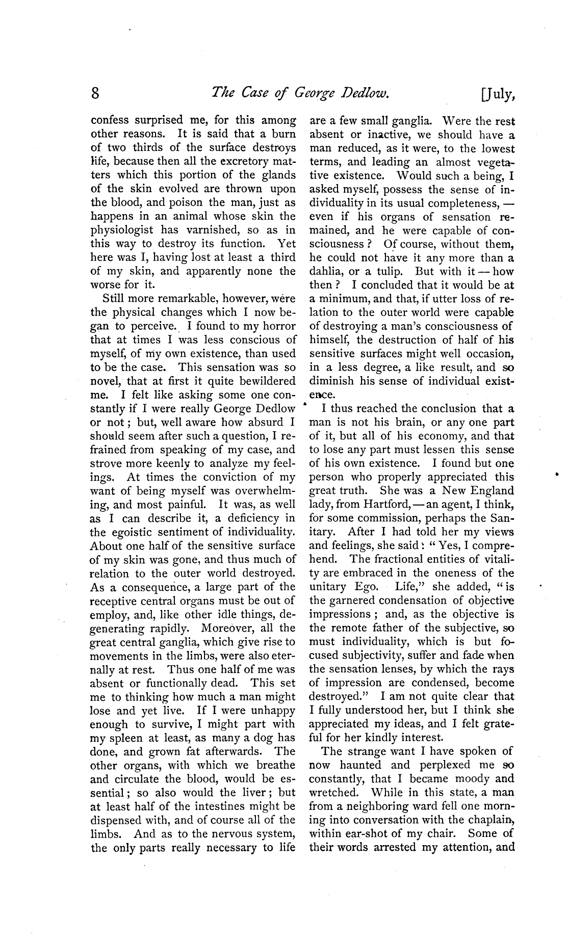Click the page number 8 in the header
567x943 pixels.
[95, 94]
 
